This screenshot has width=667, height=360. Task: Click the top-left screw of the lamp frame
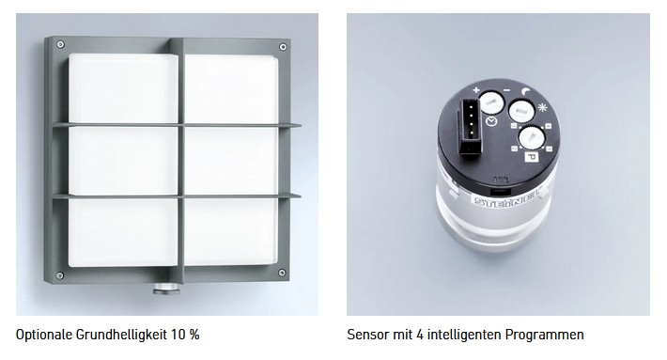tap(60, 44)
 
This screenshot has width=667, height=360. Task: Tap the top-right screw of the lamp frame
tap(283, 47)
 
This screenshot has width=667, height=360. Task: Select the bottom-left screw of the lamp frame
tap(60, 275)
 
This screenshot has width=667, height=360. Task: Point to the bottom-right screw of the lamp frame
tap(282, 273)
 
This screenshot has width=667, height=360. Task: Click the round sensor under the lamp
tap(167, 289)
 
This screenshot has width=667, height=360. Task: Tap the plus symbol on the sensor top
tap(476, 90)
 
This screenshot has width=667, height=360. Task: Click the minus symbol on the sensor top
tap(506, 90)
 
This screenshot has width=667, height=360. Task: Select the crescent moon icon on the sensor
tap(527, 91)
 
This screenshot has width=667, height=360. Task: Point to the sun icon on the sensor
tap(542, 107)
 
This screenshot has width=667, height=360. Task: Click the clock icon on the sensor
tap(491, 121)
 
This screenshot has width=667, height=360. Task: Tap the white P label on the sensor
tap(532, 157)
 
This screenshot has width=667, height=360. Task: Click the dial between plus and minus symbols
tap(491, 103)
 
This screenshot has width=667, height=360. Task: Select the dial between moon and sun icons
tap(521, 112)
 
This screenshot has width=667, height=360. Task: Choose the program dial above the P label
tap(532, 137)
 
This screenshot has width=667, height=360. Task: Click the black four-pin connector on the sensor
tap(469, 127)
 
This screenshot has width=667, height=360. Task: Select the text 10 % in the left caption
tap(185, 335)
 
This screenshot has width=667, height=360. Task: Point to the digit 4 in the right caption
tap(419, 335)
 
